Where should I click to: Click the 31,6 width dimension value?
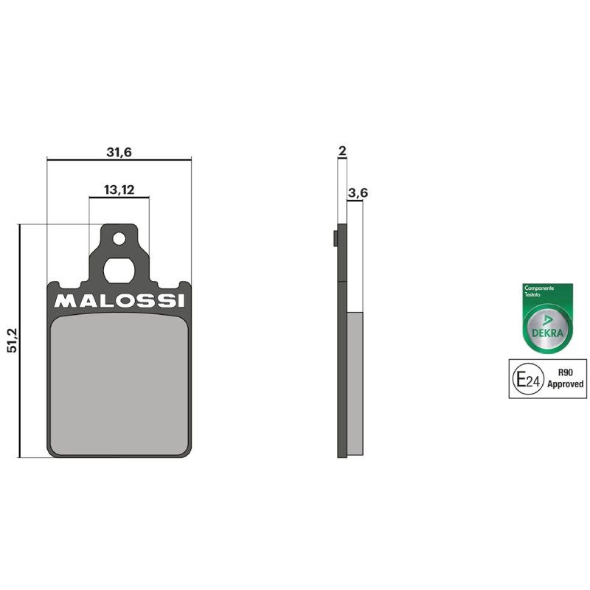[118, 152]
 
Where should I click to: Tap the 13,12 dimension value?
[119, 190]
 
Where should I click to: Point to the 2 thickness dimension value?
[341, 151]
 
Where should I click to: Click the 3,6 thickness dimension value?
[358, 192]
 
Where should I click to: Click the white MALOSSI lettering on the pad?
[119, 301]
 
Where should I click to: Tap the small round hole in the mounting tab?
[118, 238]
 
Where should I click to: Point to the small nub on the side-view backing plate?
[335, 238]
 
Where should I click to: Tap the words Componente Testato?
[537, 291]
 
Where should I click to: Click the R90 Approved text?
[566, 379]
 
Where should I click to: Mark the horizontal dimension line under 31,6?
[118, 159]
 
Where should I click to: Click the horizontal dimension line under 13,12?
[119, 197]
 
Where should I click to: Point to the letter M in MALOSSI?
[63, 301]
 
